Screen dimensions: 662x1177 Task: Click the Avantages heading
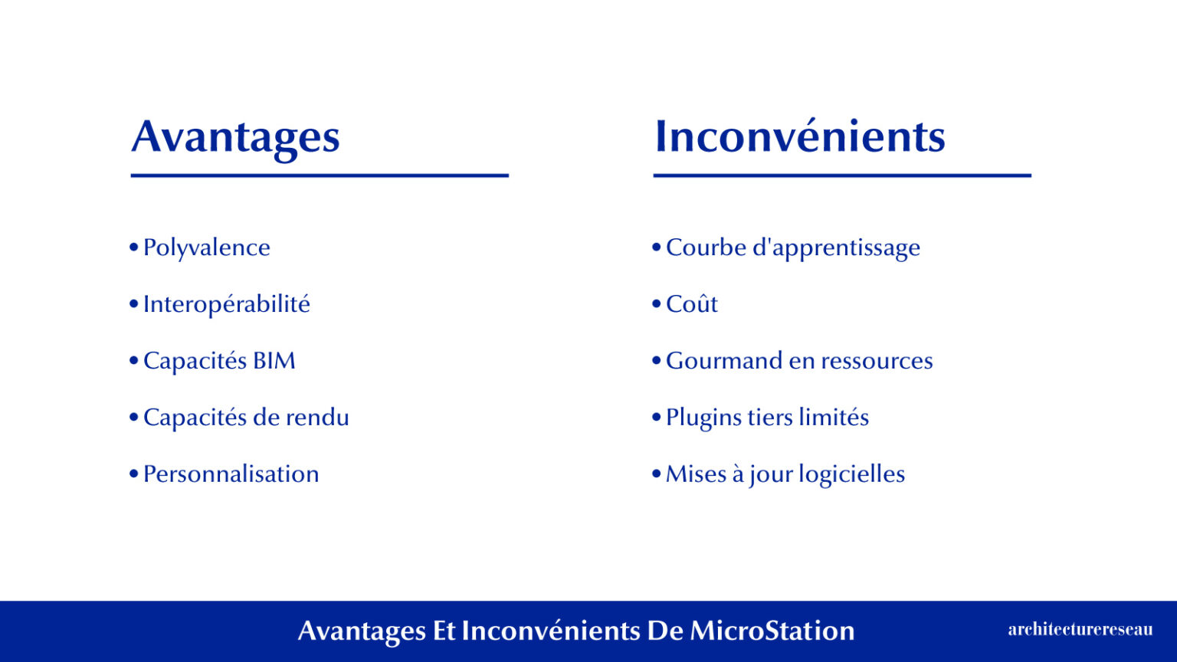[235, 138]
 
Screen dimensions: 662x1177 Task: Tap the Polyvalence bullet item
[206, 247]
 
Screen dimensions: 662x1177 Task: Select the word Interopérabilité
[226, 304]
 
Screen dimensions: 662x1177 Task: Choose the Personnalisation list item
[231, 474]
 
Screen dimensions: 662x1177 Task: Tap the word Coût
[691, 304]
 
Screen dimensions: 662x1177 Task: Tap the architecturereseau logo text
[1080, 630]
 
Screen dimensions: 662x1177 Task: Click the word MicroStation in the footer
[772, 631]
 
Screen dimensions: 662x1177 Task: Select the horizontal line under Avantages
[320, 175]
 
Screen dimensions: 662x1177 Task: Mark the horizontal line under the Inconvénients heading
[842, 175]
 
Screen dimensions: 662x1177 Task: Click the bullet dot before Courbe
[656, 247]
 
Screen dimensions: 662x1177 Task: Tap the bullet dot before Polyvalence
[133, 247]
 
